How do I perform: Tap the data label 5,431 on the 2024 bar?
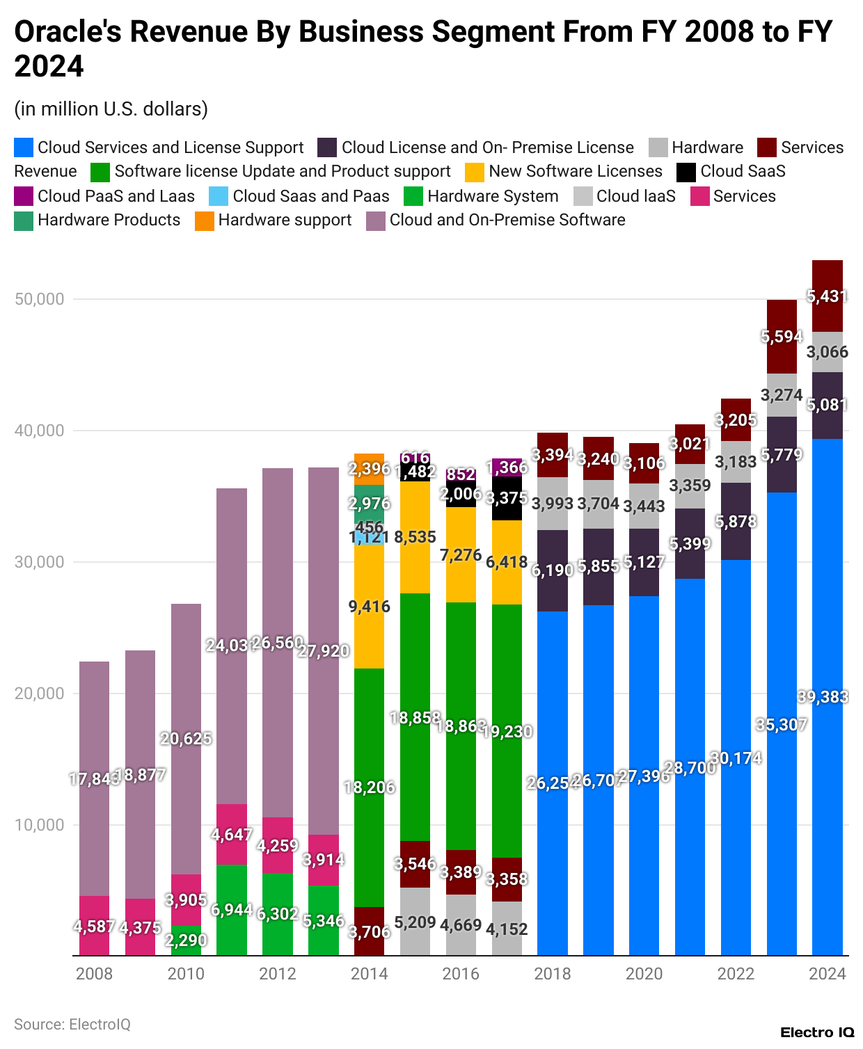(827, 296)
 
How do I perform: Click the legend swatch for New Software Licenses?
(475, 172)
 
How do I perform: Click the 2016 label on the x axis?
(461, 973)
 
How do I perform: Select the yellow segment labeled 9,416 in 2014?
(369, 607)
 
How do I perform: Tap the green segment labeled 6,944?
(232, 910)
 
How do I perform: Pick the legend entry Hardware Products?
(109, 220)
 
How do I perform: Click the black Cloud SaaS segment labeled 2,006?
(461, 494)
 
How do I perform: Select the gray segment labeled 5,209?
(415, 922)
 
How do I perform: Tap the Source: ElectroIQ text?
(72, 1024)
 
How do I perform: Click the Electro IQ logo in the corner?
(816, 1032)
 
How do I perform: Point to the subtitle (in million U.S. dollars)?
(111, 109)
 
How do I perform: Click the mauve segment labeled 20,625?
(186, 739)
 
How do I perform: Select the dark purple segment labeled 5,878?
(736, 522)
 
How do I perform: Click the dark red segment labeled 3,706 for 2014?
(369, 931)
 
